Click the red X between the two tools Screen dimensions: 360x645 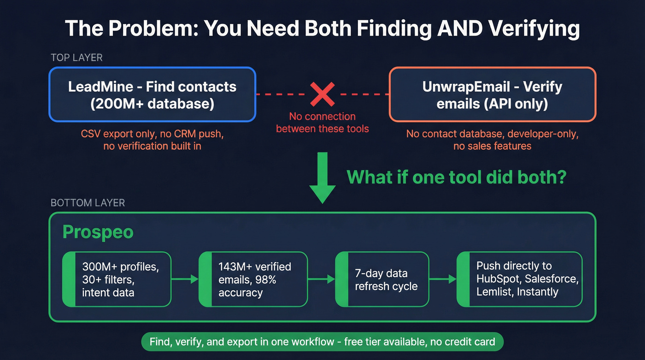click(x=322, y=94)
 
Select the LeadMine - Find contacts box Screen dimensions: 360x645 click(x=152, y=94)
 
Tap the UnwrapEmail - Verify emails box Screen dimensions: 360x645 click(x=493, y=94)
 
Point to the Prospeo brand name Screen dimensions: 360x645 click(x=98, y=232)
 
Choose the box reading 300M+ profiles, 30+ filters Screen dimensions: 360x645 click(x=117, y=279)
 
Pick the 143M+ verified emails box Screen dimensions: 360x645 click(x=253, y=279)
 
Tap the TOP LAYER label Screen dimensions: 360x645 click(x=76, y=58)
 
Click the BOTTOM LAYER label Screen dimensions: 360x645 click(x=88, y=203)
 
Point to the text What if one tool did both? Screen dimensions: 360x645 click(x=456, y=177)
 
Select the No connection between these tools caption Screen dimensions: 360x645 click(x=322, y=123)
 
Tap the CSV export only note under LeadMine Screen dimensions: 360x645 click(x=152, y=140)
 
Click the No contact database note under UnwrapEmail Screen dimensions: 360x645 click(x=493, y=140)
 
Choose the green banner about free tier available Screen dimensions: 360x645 click(x=322, y=342)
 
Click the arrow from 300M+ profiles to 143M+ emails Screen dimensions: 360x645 click(x=184, y=279)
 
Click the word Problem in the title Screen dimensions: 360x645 click(x=152, y=29)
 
